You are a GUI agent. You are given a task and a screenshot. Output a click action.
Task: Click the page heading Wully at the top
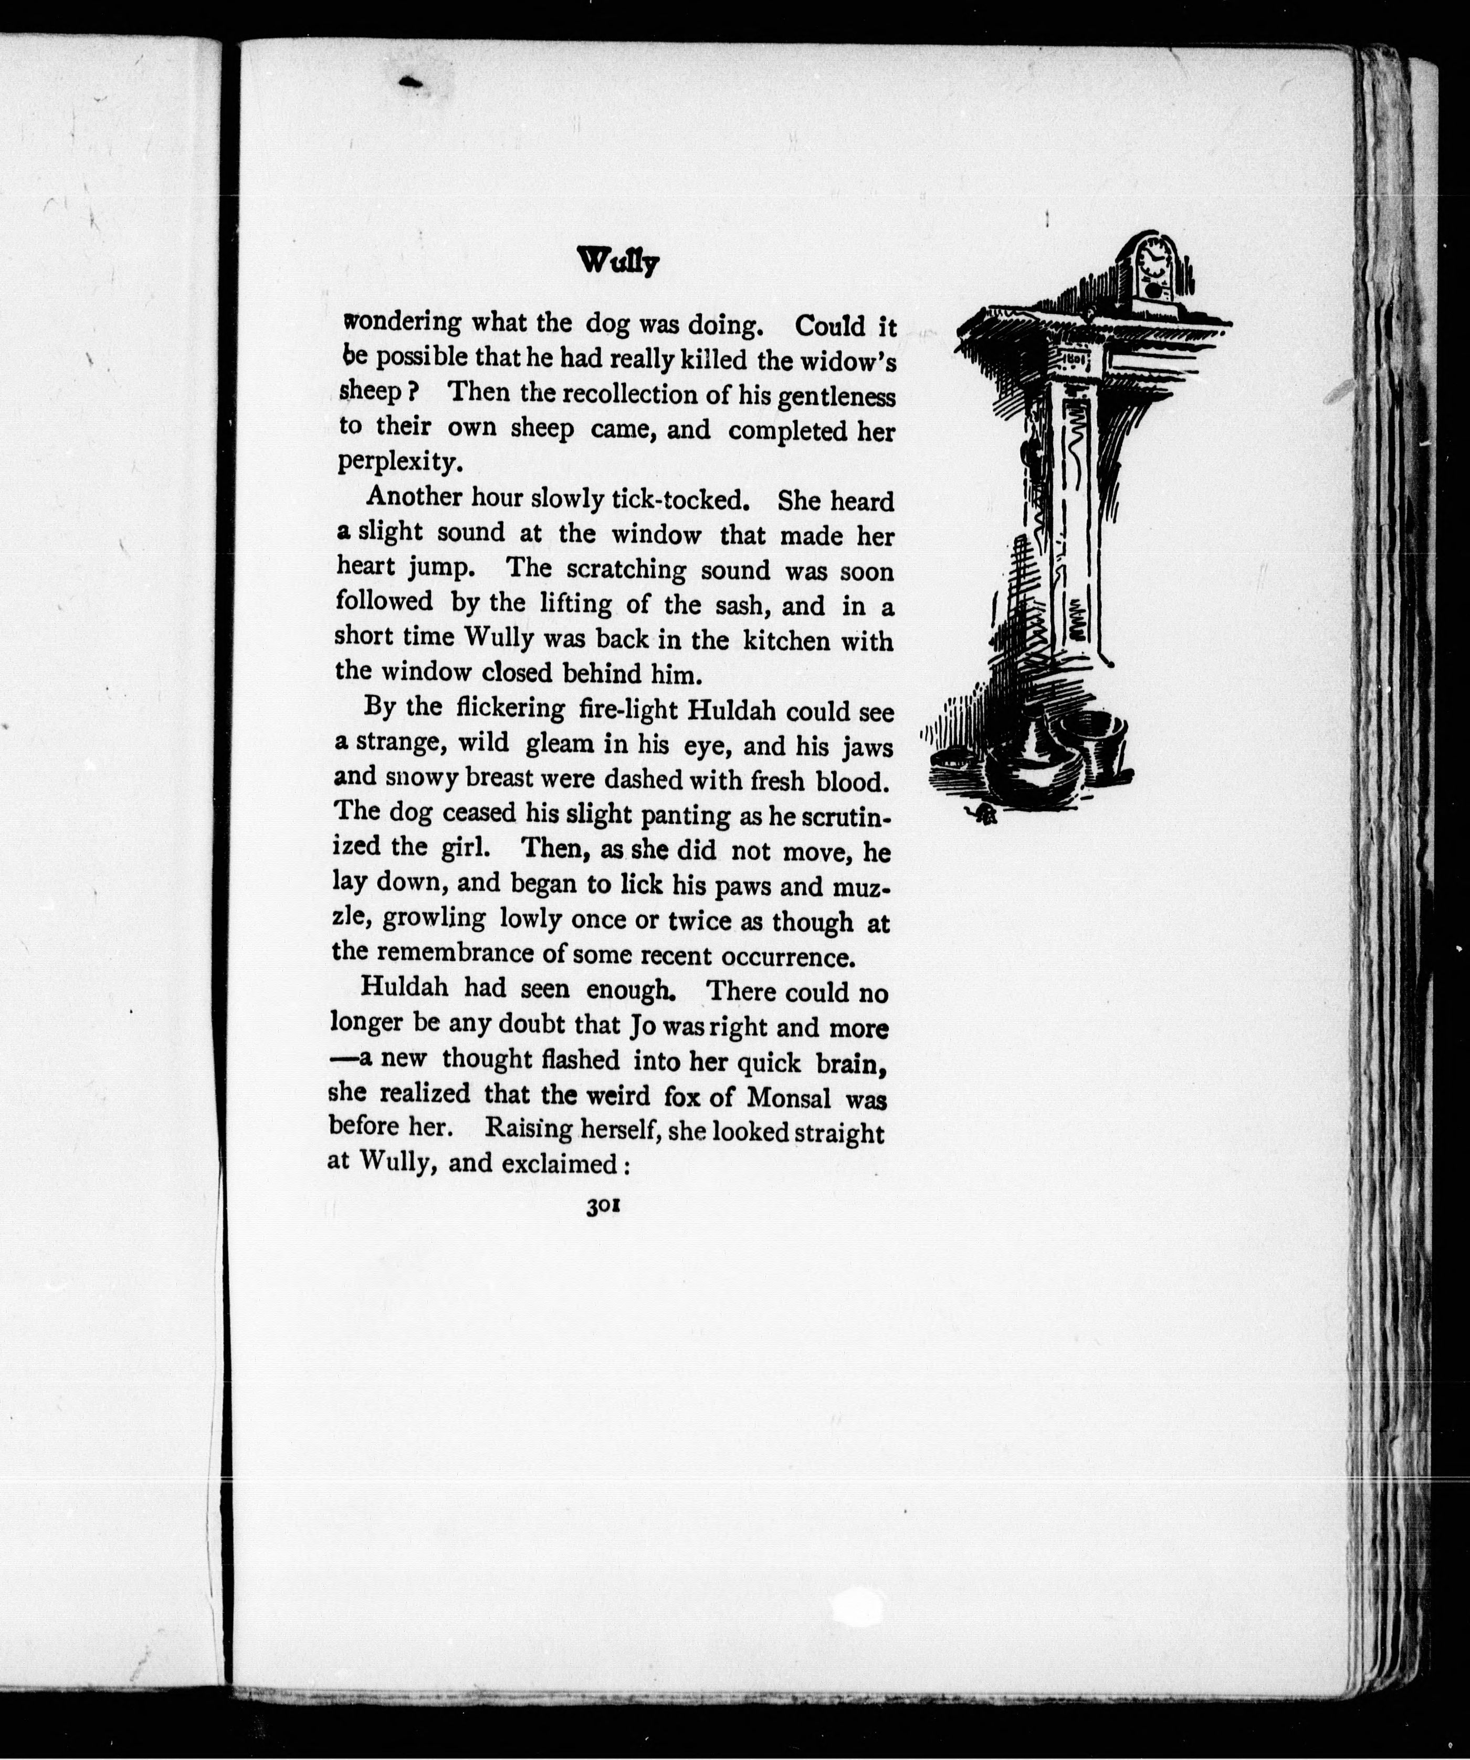click(x=618, y=263)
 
